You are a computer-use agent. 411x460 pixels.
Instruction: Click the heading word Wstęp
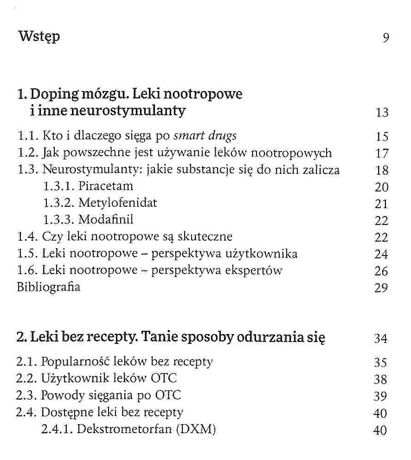[x=39, y=37]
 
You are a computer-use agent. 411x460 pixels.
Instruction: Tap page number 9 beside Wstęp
[x=385, y=38]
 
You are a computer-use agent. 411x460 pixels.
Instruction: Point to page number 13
[x=382, y=113]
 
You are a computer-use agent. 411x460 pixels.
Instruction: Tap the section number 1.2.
[x=27, y=153]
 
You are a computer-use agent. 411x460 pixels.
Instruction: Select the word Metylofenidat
[x=118, y=203]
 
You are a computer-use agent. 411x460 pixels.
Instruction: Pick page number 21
[x=381, y=204]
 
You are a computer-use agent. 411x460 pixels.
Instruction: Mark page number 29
[x=381, y=289]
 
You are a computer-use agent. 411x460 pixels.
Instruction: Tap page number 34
[x=381, y=339]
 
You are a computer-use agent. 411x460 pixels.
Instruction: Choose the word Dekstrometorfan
[x=123, y=429]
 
